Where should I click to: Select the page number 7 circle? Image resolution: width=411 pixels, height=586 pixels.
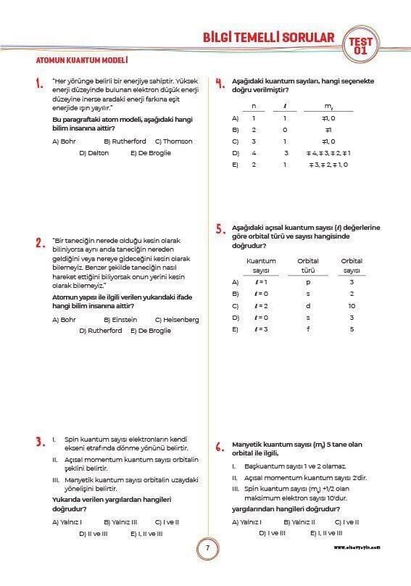click(x=207, y=549)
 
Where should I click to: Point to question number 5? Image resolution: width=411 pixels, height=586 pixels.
click(x=219, y=229)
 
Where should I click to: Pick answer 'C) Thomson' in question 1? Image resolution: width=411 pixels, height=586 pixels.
click(x=173, y=141)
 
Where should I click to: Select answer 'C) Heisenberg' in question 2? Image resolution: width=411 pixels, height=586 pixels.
click(x=177, y=319)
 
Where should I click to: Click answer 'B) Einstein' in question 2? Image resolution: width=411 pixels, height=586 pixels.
click(x=120, y=319)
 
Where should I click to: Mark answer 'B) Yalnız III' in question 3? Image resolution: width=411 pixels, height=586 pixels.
click(x=120, y=521)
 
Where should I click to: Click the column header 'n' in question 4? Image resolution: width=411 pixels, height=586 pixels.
click(x=253, y=106)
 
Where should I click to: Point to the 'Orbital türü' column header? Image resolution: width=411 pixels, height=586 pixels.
click(x=307, y=265)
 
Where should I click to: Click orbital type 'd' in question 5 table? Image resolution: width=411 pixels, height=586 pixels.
click(x=308, y=306)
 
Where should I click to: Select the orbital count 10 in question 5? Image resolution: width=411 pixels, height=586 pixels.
click(x=352, y=306)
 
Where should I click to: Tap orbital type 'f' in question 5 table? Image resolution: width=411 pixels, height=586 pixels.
click(x=308, y=329)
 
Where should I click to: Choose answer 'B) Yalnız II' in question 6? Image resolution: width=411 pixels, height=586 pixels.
click(x=299, y=521)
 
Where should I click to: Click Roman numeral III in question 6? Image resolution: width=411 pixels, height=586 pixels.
click(x=236, y=490)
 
